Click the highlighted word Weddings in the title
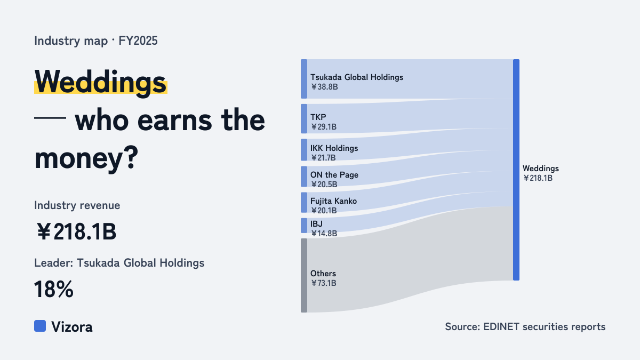click(100, 82)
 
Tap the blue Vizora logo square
click(40, 326)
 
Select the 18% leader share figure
click(54, 289)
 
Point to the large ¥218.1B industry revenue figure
click(77, 231)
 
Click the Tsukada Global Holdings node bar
click(304, 79)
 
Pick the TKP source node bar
click(304, 118)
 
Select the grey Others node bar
click(304, 275)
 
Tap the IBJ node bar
click(304, 226)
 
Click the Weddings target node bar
click(516, 170)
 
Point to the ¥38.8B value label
click(324, 87)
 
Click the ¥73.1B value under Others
click(323, 283)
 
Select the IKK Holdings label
click(334, 148)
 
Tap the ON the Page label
click(334, 174)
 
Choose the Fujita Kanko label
click(334, 201)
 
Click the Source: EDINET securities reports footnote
click(525, 326)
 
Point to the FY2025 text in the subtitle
click(138, 41)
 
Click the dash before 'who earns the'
click(50, 118)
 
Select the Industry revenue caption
click(77, 205)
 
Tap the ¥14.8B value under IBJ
click(324, 234)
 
